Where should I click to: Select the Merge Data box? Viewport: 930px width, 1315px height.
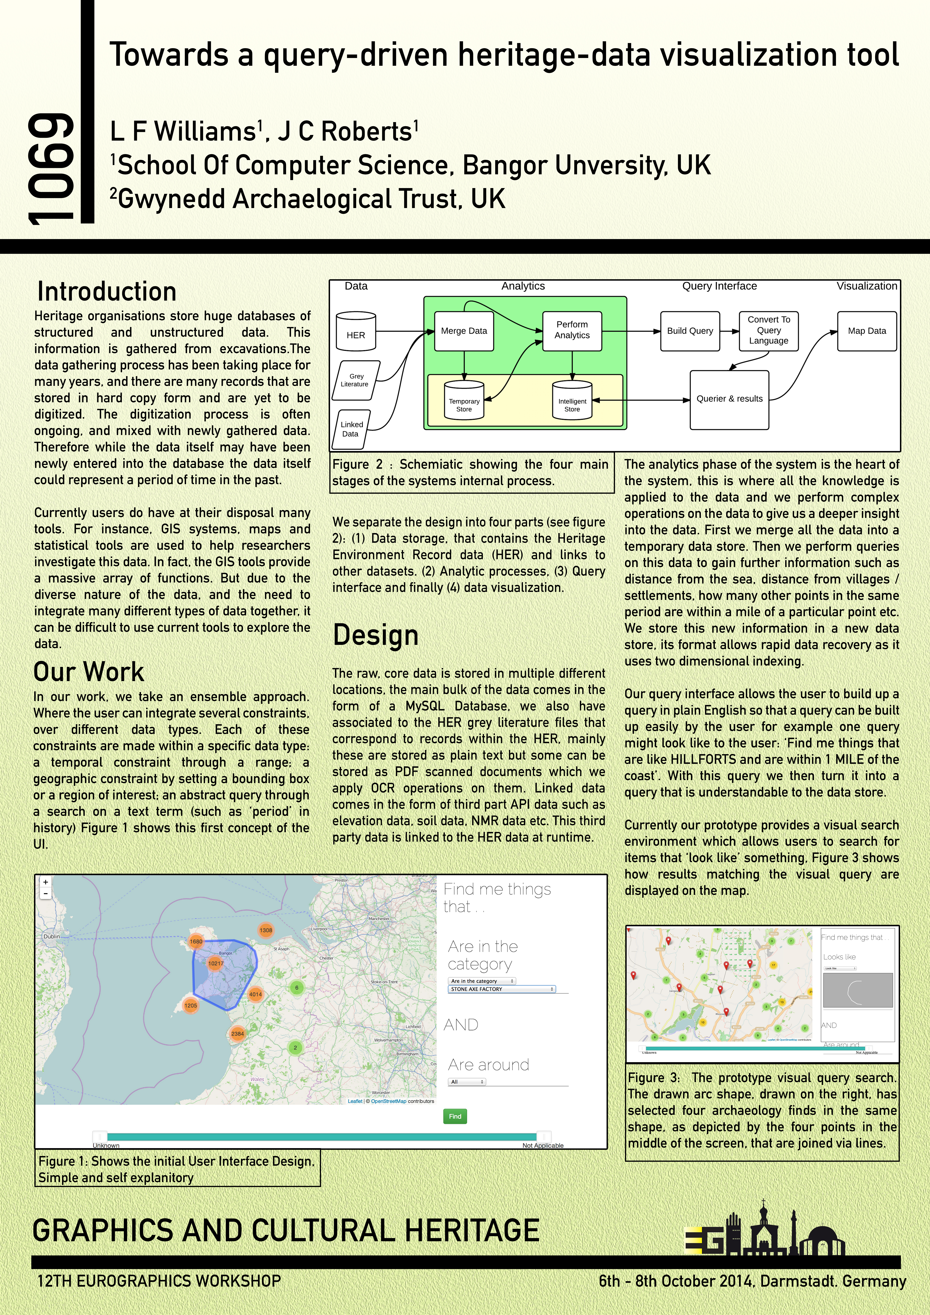tap(464, 331)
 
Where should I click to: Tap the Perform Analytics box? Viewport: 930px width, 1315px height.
tap(571, 331)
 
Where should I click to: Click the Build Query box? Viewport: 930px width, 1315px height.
tap(689, 331)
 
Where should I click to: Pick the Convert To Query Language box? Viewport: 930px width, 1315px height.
tap(768, 331)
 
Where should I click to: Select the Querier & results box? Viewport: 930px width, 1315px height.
tap(729, 399)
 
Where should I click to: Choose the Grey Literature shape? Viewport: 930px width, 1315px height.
tap(356, 380)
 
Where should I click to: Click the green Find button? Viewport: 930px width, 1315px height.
tap(455, 1116)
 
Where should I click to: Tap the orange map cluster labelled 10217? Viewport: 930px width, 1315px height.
tap(216, 963)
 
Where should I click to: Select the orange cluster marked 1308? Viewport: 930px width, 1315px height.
tap(266, 930)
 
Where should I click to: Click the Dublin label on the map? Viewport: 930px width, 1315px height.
tap(52, 936)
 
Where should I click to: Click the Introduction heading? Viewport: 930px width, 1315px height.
tap(106, 291)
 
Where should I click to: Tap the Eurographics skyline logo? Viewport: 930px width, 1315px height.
tap(765, 1231)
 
